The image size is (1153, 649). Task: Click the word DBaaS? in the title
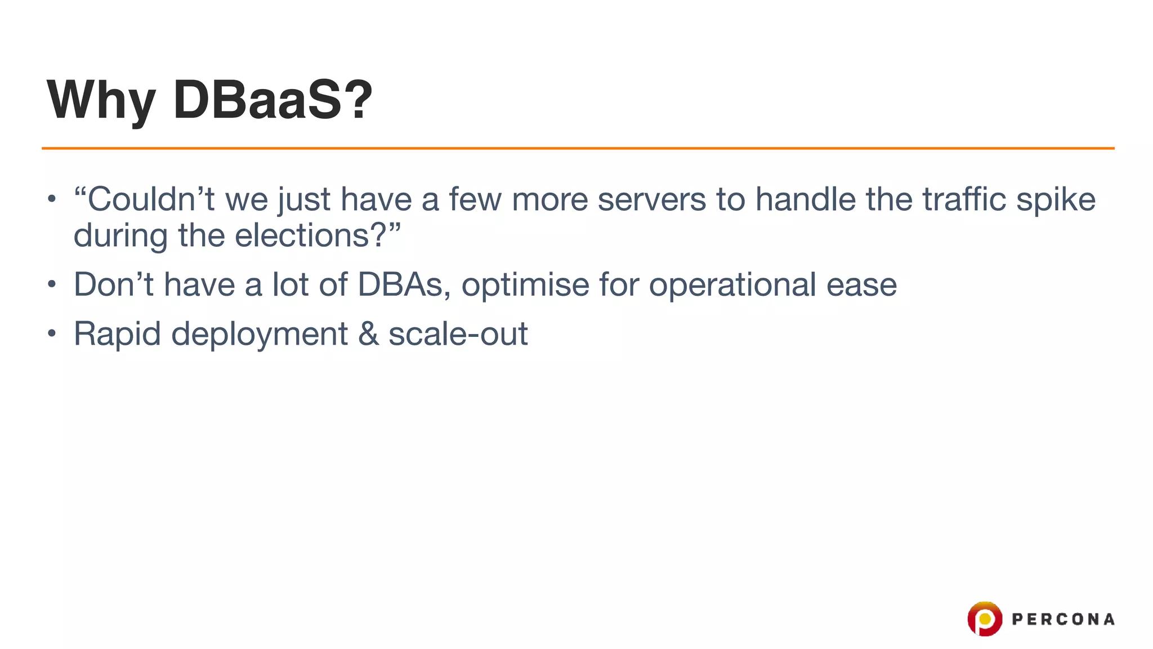[x=273, y=100]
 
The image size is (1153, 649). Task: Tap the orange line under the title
[x=578, y=148]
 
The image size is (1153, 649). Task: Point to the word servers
[x=651, y=199]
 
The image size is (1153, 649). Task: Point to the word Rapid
[x=117, y=334]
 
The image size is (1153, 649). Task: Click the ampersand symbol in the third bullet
[x=368, y=334]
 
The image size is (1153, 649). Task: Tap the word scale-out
[x=458, y=334]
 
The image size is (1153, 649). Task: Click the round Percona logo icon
[x=985, y=619]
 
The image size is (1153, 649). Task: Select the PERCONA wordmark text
[x=1063, y=620]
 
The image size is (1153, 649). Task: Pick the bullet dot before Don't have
[x=52, y=285]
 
